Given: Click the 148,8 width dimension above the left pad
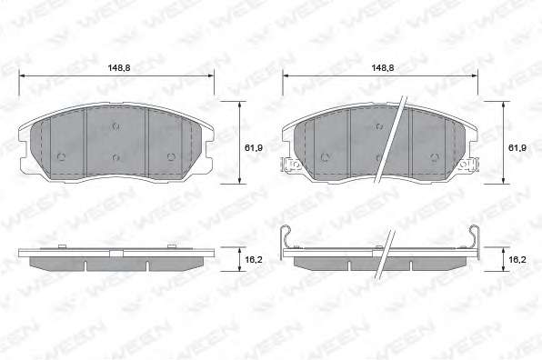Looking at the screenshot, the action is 119,67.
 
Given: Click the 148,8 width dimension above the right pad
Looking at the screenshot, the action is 383,67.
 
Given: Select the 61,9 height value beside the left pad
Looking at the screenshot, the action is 254,148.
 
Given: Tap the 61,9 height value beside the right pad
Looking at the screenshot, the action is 517,148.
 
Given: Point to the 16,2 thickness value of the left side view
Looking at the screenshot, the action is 254,259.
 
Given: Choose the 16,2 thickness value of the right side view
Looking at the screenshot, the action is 517,259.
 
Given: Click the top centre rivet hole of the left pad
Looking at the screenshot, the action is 115,126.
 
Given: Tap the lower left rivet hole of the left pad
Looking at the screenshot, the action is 61,157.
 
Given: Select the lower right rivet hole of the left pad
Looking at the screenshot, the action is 171,157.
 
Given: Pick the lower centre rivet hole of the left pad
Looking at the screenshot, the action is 115,157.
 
